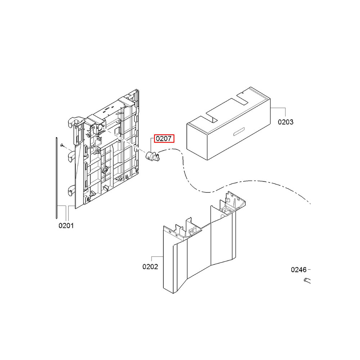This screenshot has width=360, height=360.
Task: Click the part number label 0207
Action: tap(164, 139)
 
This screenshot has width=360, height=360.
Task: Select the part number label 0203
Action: tap(285, 122)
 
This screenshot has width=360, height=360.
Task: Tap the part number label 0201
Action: tap(66, 226)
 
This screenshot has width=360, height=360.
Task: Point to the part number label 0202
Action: tap(150, 266)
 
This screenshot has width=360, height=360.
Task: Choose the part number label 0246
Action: tap(299, 270)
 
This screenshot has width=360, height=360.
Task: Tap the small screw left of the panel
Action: tap(62, 145)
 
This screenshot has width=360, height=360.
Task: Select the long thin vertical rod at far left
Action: tap(56, 178)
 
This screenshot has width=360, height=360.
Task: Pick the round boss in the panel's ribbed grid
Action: tap(105, 170)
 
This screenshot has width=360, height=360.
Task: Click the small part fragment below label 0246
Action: tap(307, 280)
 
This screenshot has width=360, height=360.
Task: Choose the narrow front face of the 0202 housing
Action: tap(168, 261)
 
